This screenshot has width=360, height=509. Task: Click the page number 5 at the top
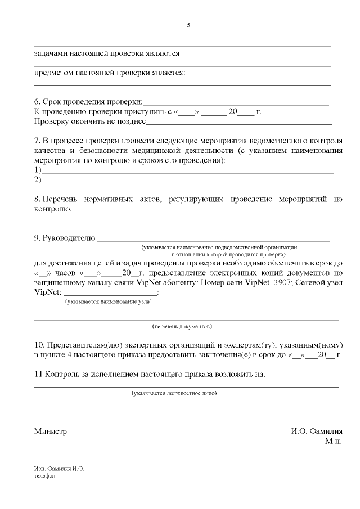(x=188, y=25)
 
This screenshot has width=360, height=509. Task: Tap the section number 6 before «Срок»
(x=37, y=102)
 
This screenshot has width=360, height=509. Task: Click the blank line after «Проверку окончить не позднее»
(x=238, y=121)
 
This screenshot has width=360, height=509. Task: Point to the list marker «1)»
(x=38, y=170)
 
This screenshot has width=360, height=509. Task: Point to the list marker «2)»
(x=38, y=179)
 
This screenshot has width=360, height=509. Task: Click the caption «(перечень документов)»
(x=182, y=326)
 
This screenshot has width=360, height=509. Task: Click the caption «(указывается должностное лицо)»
(x=174, y=393)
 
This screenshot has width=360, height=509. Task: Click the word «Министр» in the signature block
(x=50, y=431)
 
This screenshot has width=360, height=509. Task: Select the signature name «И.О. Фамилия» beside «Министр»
(x=317, y=431)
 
